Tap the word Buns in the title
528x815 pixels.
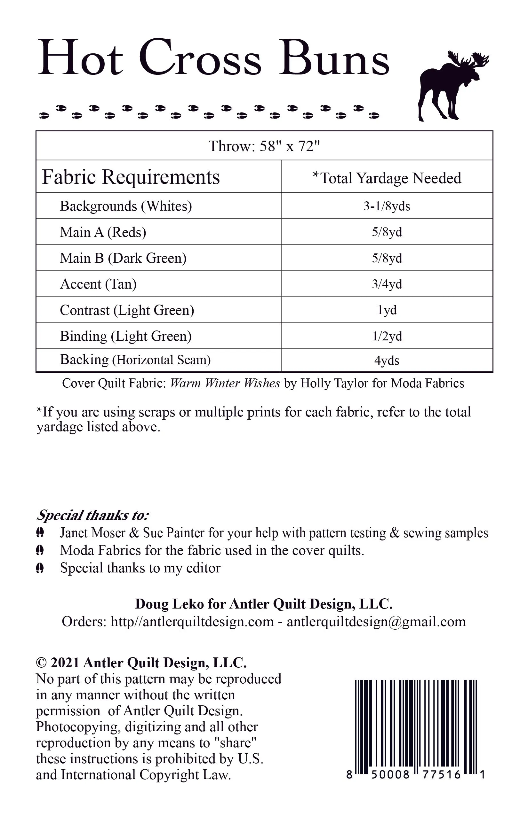coord(334,58)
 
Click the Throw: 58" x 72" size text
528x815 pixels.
coord(264,146)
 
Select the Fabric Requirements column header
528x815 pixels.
coord(131,177)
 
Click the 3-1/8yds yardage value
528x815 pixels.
coord(387,206)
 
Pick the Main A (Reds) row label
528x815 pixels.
coord(103,232)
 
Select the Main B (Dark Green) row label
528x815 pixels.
coord(123,258)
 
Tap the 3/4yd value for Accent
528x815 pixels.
coord(387,284)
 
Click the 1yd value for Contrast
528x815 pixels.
coord(387,310)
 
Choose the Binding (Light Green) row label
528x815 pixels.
coord(125,336)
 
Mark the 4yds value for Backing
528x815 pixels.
coord(387,361)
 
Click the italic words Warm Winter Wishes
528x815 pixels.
coord(225,383)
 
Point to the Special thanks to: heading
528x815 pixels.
coord(92,515)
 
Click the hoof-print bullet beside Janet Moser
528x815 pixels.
coord(40,532)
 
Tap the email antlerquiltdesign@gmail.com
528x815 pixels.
coord(376,622)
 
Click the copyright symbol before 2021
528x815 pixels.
coord(41,663)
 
